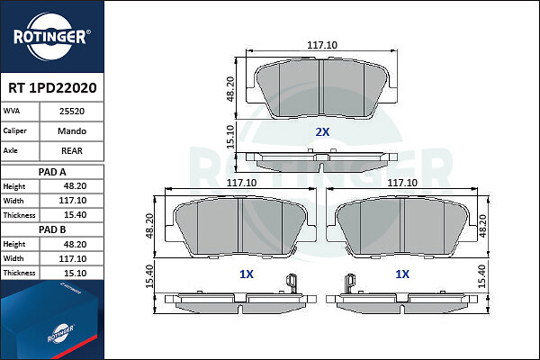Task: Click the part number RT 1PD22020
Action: click(52, 88)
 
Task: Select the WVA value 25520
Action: click(72, 112)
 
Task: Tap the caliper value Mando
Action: click(72, 131)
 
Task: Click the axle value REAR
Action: click(72, 151)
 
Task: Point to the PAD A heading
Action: click(52, 172)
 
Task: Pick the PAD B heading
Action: click(52, 229)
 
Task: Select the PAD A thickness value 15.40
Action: click(75, 215)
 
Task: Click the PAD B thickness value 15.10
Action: click(75, 274)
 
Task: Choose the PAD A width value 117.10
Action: click(72, 201)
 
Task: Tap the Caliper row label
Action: click(14, 130)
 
